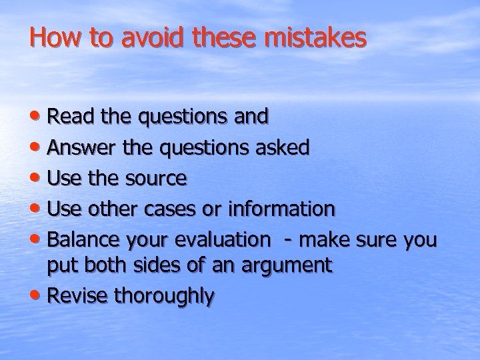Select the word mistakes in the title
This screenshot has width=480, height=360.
coord(315,38)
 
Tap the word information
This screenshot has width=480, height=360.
coord(281,209)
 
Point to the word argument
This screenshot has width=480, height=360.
coord(288,266)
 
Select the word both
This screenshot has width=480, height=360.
coord(106,266)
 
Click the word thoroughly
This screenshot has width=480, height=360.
coord(164,297)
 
